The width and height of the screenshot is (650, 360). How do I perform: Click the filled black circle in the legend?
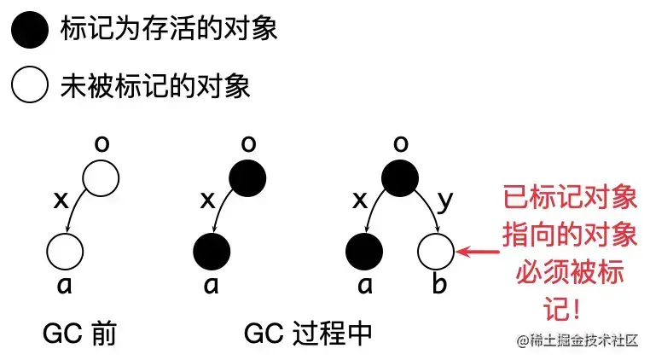pyautogui.click(x=30, y=32)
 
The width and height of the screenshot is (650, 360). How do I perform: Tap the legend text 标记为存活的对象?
pyautogui.click(x=169, y=32)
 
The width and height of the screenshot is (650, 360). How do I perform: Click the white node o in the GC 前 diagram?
pyautogui.click(x=102, y=178)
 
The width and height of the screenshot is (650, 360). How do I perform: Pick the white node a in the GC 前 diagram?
pyautogui.click(x=65, y=252)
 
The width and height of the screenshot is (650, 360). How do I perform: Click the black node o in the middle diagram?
pyautogui.click(x=247, y=178)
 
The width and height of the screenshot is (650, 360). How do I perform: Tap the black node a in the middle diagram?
pyautogui.click(x=212, y=252)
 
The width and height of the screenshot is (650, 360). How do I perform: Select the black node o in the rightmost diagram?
pyautogui.click(x=399, y=178)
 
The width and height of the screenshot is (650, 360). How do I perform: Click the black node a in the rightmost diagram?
pyautogui.click(x=363, y=252)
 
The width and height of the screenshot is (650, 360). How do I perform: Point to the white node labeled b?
pyautogui.click(x=436, y=252)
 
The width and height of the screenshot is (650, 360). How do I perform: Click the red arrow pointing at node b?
pyautogui.click(x=479, y=252)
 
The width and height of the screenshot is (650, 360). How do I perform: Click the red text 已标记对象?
pyautogui.click(x=570, y=200)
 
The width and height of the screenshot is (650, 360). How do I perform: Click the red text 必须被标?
pyautogui.click(x=570, y=274)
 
